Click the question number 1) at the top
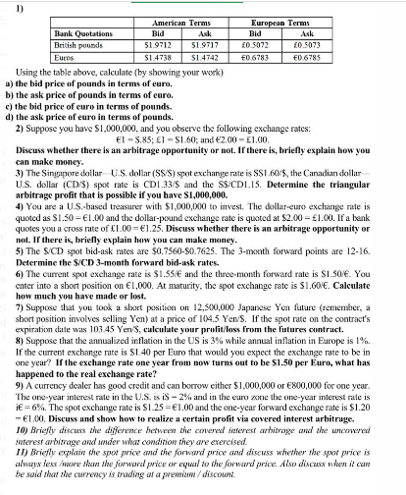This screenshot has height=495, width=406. pos(11,9)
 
